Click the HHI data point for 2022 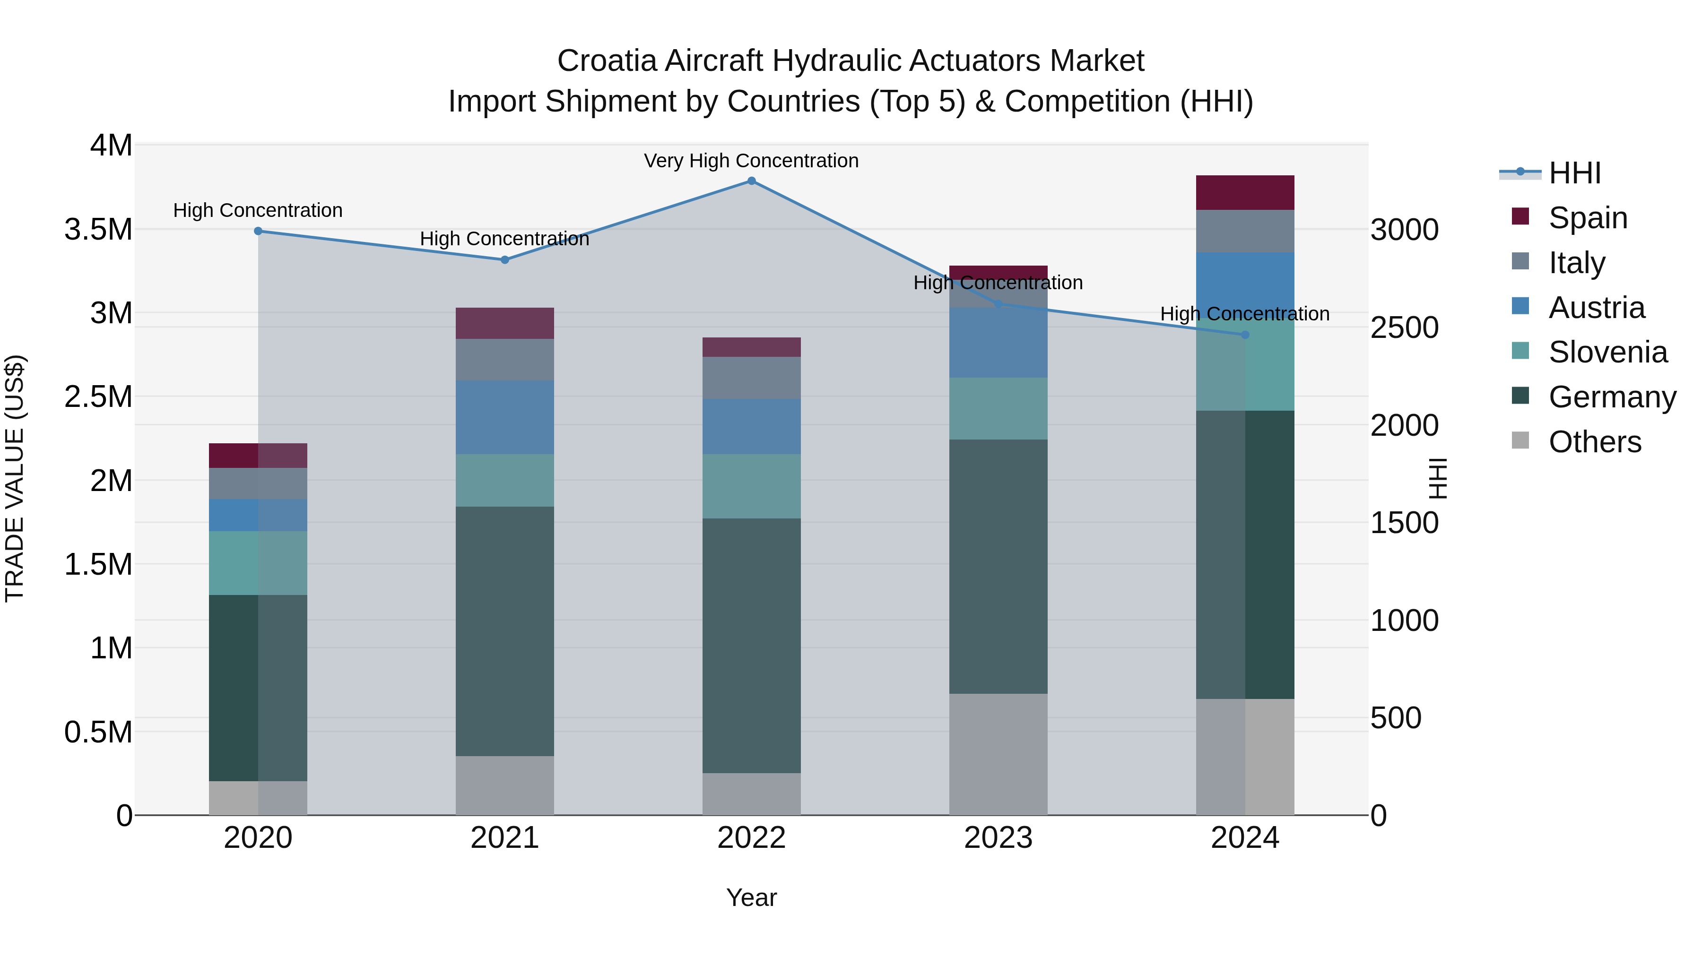751,181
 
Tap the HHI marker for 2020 258,231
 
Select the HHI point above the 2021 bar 505,260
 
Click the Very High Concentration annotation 751,161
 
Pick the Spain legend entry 1587,218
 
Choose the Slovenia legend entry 1607,352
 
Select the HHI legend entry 1574,173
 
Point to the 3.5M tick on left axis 98,229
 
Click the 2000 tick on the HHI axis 1404,425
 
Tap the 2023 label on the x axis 998,838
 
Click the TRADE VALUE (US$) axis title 15,478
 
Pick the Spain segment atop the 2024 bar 1245,193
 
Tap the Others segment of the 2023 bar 998,754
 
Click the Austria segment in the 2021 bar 505,417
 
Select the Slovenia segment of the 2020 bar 258,563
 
